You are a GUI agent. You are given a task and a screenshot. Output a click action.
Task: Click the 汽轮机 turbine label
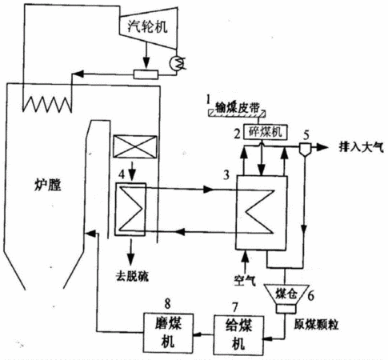[147, 26]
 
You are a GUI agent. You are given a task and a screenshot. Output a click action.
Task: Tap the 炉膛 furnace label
[48, 185]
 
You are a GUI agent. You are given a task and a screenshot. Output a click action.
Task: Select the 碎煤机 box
[266, 132]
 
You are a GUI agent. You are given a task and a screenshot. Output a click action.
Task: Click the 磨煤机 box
[168, 333]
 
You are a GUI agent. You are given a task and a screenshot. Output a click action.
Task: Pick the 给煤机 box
[238, 335]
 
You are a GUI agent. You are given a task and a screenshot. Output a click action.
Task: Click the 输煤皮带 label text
[237, 107]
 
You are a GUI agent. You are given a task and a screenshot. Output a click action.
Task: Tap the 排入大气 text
[361, 147]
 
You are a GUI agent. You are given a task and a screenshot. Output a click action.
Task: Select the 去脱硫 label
[132, 277]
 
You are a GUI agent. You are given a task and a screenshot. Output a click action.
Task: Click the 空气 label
[245, 280]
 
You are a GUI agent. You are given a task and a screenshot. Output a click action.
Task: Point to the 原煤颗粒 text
[316, 325]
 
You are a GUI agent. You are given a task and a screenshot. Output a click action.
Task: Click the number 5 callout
[306, 135]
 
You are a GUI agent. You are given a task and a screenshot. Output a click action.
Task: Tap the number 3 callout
[226, 175]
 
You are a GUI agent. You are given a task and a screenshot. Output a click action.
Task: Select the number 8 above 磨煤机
[167, 304]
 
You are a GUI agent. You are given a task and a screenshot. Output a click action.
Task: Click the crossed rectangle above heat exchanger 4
[135, 146]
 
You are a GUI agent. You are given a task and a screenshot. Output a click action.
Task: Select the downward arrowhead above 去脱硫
[130, 257]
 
